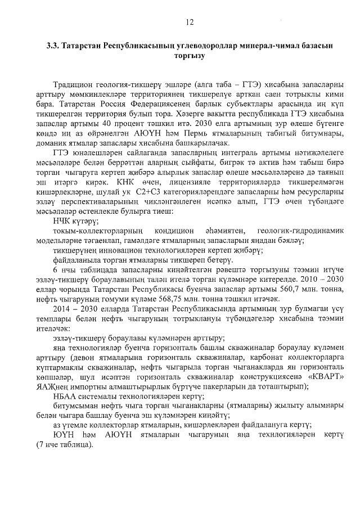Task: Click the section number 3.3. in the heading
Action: (x=55, y=46)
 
